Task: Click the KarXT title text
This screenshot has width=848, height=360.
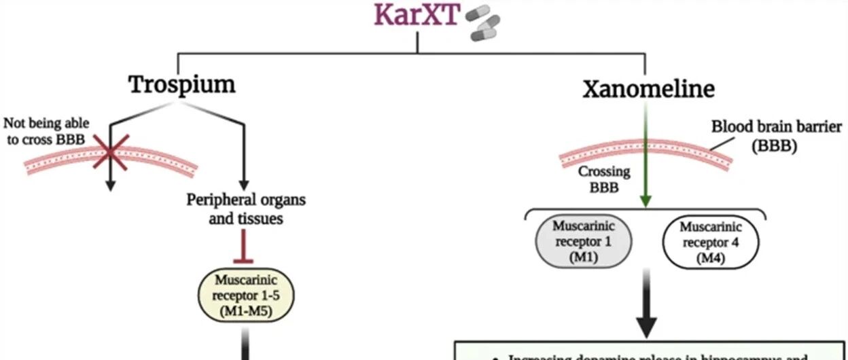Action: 417,16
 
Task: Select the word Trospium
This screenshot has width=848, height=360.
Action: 181,84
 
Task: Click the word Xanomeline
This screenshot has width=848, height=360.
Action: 648,88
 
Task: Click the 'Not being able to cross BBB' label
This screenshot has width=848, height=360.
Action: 46,130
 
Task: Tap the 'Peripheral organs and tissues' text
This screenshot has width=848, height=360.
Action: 246,209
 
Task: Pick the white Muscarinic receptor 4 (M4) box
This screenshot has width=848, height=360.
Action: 710,243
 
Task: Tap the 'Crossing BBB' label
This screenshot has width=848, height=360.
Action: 604,179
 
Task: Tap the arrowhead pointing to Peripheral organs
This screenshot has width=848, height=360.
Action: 243,185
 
